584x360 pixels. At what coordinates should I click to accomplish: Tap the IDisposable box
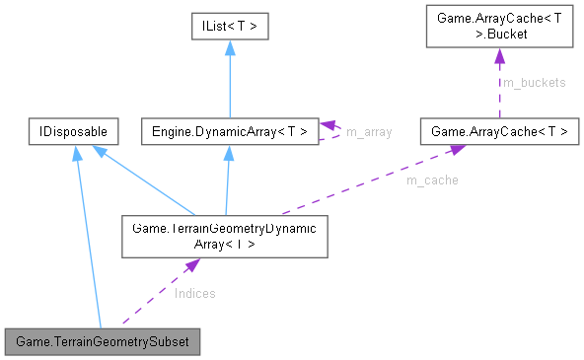tap(75, 131)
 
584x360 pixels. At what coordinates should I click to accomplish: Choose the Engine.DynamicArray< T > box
tap(228, 131)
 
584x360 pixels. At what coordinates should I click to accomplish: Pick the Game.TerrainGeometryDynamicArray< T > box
tap(224, 236)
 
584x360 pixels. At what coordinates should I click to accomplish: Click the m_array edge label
tap(368, 131)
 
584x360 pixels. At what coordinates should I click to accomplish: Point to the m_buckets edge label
tap(534, 83)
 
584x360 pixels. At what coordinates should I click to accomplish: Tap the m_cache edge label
tap(431, 180)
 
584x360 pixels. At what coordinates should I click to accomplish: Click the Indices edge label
tap(194, 293)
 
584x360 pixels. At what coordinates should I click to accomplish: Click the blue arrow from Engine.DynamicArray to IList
tap(228, 81)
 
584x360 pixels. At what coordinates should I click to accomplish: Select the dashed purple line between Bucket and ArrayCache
tap(497, 89)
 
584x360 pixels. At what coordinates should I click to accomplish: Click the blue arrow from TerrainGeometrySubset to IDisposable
tap(89, 237)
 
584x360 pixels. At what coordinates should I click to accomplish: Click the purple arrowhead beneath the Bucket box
tap(497, 57)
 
